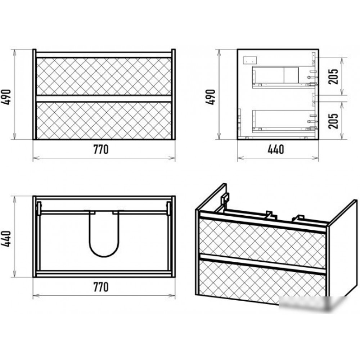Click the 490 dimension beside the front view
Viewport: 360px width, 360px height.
click(x=6, y=97)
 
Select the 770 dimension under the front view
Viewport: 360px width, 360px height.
click(x=101, y=149)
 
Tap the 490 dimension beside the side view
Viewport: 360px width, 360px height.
click(x=211, y=97)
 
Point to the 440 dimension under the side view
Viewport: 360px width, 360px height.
click(x=276, y=149)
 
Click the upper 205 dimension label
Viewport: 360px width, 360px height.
click(x=333, y=76)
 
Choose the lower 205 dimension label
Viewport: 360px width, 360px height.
click(x=333, y=121)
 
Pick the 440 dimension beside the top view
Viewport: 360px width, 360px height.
click(x=6, y=239)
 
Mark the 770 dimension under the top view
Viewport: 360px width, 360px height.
click(x=101, y=287)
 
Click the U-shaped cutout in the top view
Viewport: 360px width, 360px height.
click(x=104, y=256)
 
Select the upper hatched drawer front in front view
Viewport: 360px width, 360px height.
click(x=104, y=76)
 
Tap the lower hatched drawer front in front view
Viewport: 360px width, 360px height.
click(x=104, y=121)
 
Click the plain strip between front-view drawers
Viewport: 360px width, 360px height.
click(x=104, y=99)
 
